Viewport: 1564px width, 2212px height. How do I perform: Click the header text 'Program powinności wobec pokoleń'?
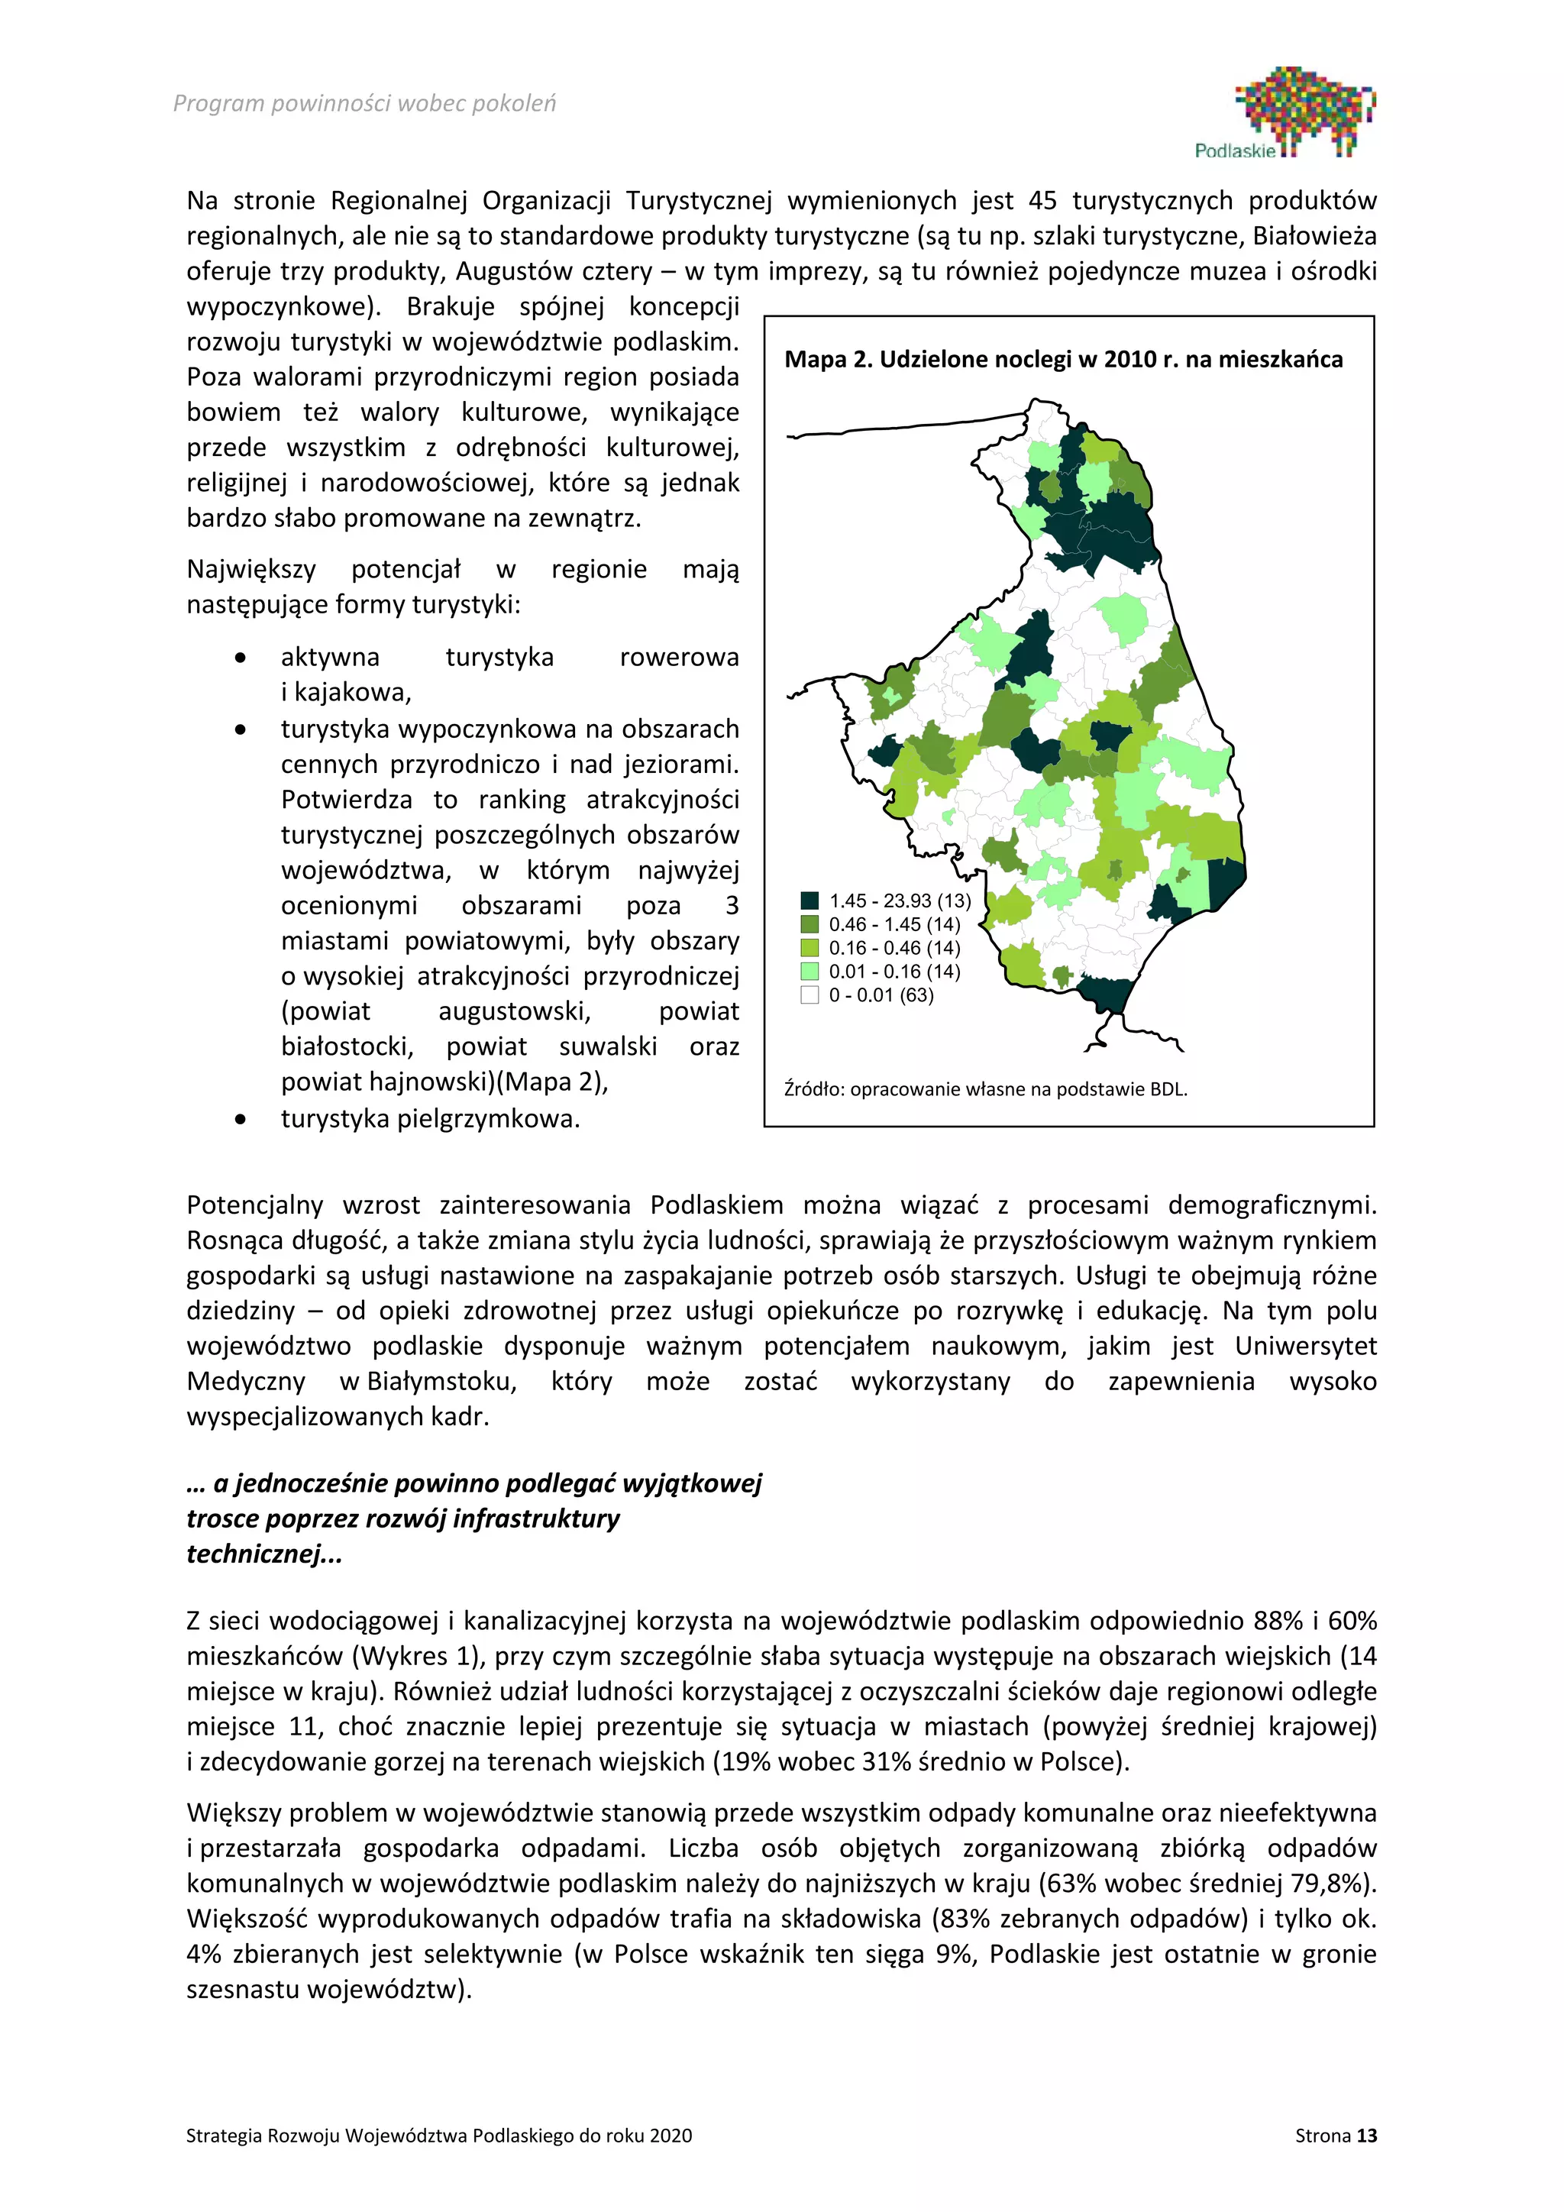click(x=364, y=103)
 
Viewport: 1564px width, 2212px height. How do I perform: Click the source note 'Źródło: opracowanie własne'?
click(x=985, y=1090)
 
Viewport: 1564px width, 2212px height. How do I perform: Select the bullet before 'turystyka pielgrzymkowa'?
click(x=240, y=1120)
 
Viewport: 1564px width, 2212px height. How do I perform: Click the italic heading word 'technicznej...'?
click(x=264, y=1554)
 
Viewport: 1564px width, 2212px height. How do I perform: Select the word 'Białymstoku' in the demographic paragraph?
click(x=449, y=1382)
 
